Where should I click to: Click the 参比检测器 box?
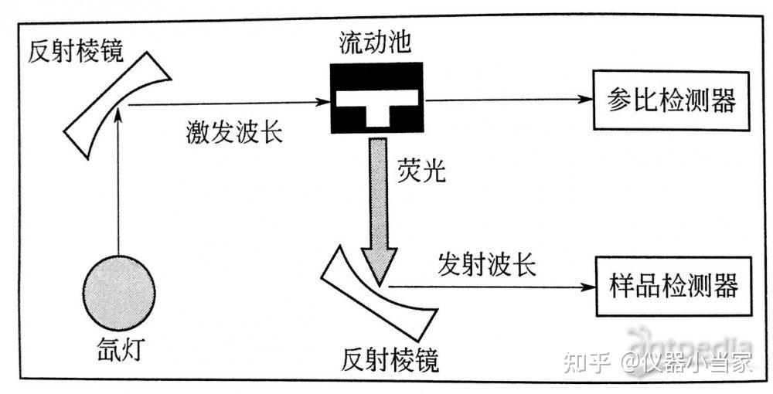tap(671, 101)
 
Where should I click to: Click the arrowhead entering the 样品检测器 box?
tap(585, 286)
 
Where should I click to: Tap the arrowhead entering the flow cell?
tap(323, 102)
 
